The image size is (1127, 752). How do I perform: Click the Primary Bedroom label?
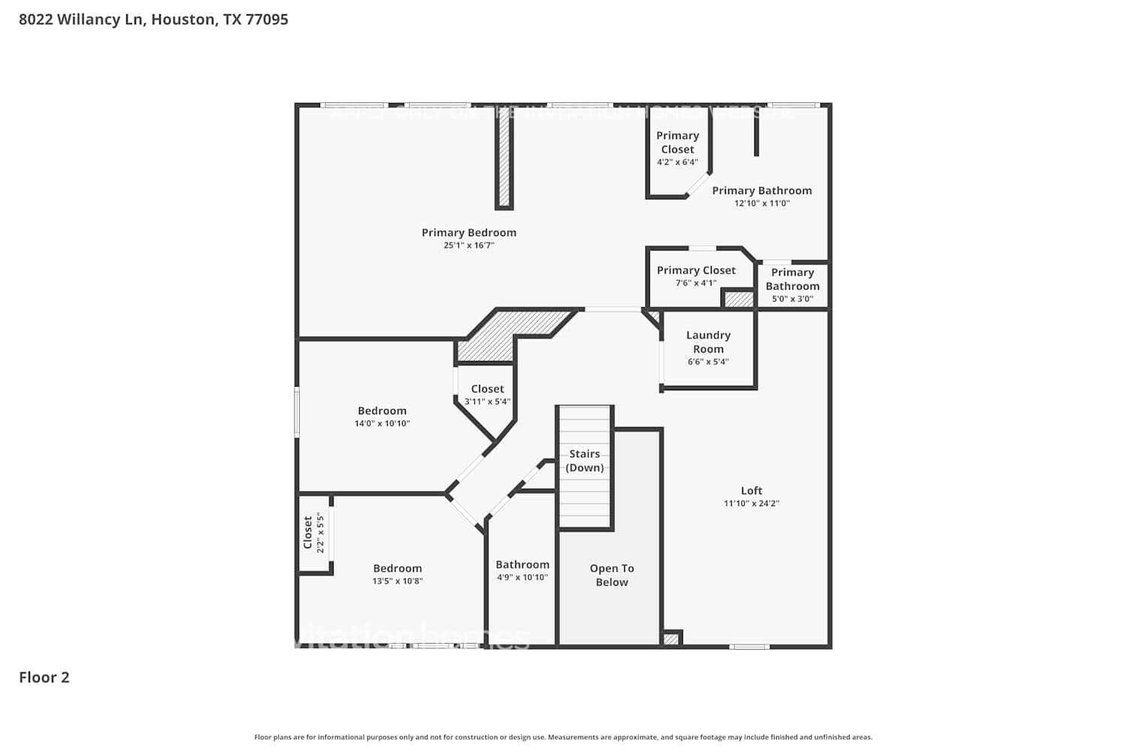(x=469, y=232)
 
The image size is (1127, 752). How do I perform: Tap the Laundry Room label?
(x=708, y=341)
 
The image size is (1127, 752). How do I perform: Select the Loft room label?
(x=751, y=490)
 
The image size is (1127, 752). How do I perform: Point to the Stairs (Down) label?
(x=585, y=460)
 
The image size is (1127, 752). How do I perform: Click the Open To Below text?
(x=612, y=575)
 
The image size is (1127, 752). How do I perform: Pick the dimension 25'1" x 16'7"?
(x=469, y=246)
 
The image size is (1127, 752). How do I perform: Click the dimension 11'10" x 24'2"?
(x=751, y=504)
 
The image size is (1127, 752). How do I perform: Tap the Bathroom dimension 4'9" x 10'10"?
(x=522, y=578)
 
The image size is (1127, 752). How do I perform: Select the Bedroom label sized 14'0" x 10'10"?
(x=382, y=411)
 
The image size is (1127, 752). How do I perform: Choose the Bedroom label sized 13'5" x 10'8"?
(x=397, y=569)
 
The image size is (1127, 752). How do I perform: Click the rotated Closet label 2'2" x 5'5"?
(x=308, y=532)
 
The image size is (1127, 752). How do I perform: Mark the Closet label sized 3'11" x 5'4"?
(x=488, y=389)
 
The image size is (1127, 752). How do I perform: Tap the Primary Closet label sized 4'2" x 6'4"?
(x=678, y=142)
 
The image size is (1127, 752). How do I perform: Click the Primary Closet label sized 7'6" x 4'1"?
(x=696, y=270)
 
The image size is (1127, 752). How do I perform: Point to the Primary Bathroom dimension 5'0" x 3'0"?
(x=793, y=299)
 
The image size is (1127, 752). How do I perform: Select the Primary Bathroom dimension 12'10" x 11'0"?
(x=762, y=204)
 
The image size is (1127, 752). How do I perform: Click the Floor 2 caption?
(x=44, y=677)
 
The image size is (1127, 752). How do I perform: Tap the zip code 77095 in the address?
(x=267, y=20)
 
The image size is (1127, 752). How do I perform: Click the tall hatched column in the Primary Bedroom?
(x=504, y=161)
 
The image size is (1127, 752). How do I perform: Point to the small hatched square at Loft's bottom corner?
(x=671, y=639)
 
